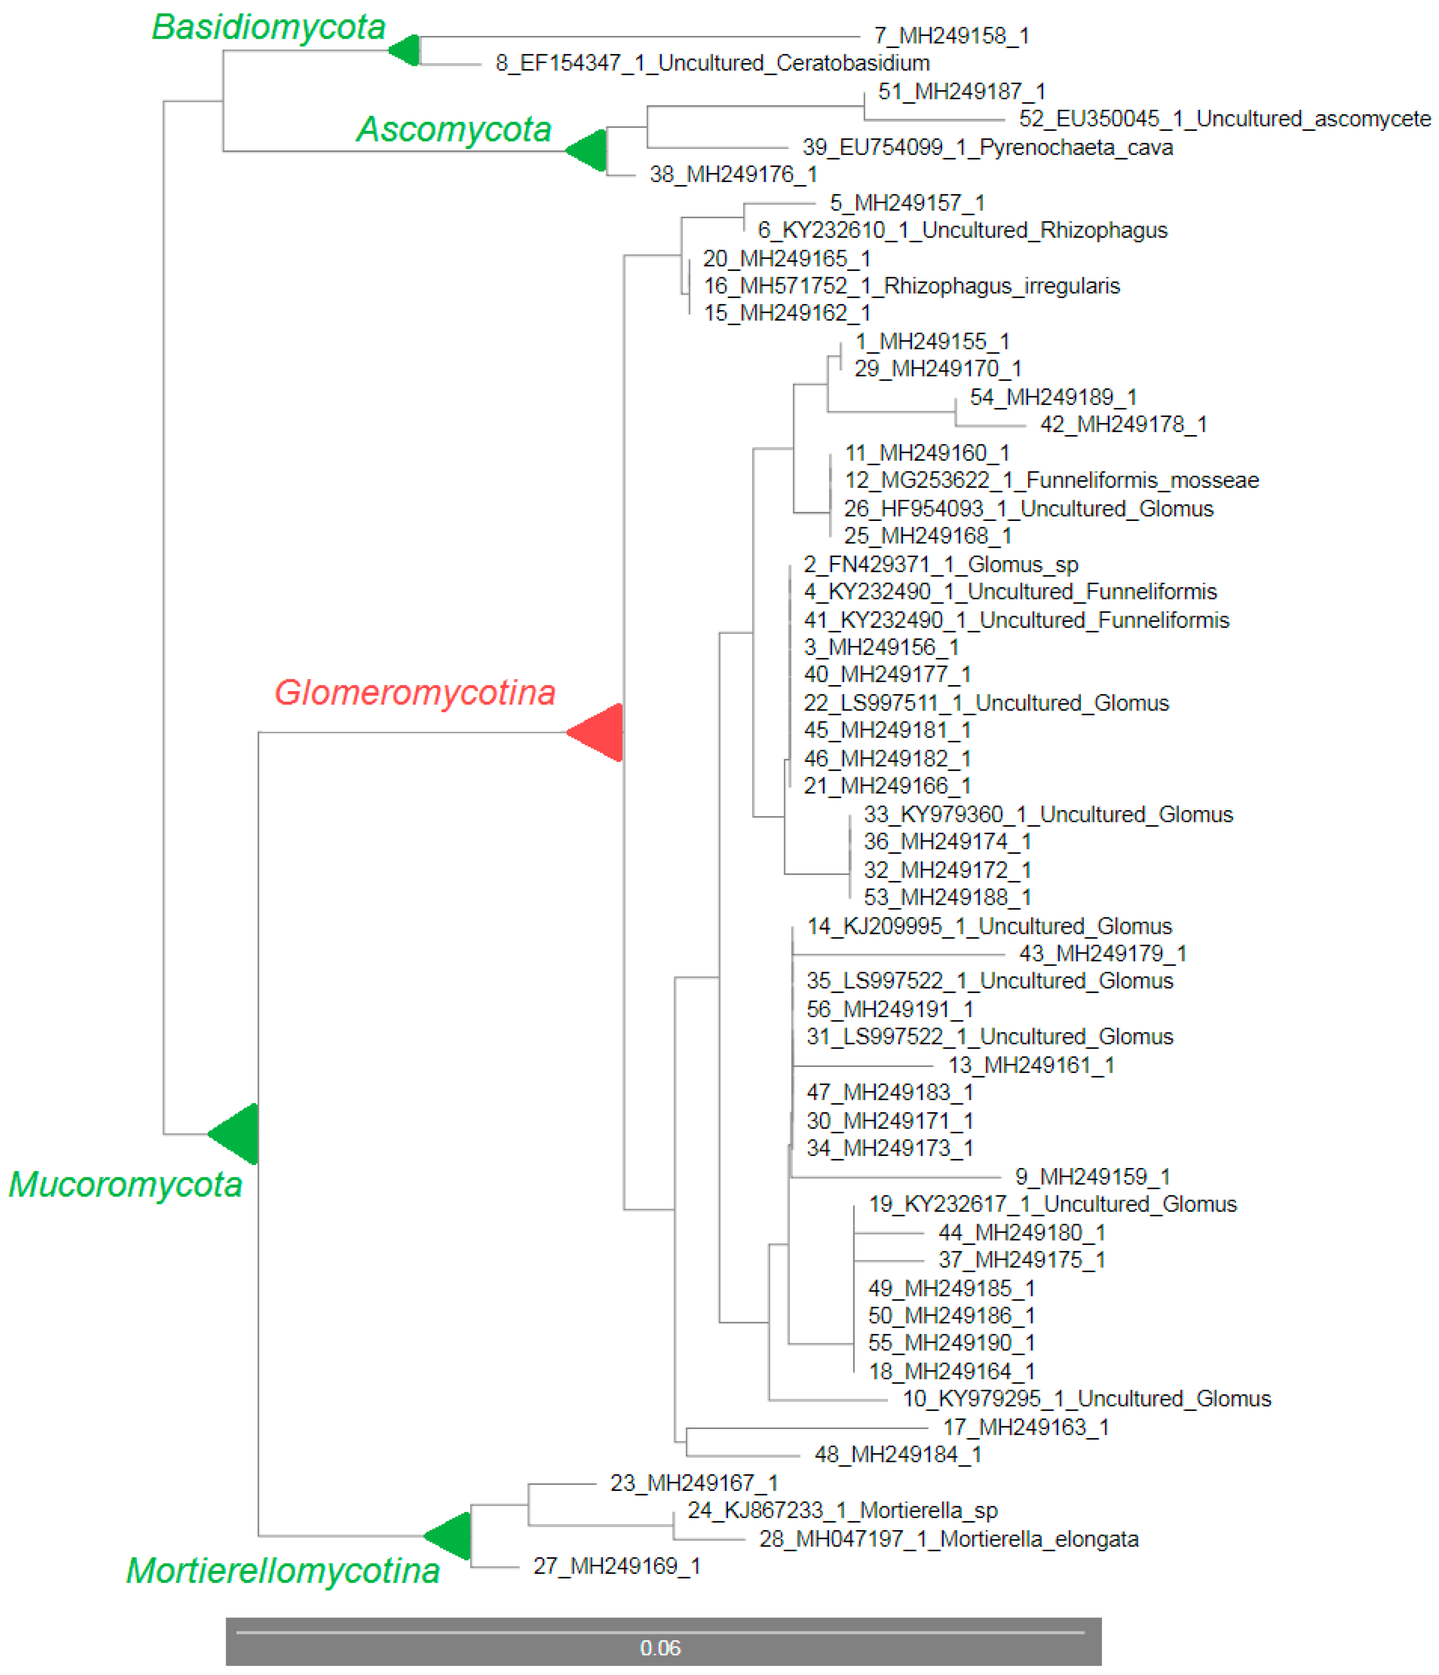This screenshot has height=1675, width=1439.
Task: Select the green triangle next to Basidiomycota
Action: click(x=406, y=50)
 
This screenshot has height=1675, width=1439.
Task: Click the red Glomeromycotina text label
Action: click(x=414, y=693)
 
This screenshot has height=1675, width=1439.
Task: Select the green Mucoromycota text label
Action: click(x=125, y=1184)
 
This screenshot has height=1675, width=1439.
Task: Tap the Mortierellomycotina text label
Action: click(x=282, y=1571)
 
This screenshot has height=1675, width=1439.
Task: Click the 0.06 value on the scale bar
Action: click(x=660, y=1647)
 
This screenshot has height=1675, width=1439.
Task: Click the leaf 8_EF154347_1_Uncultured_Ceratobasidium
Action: click(x=712, y=63)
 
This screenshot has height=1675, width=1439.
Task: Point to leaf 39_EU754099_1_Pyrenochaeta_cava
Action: click(x=987, y=147)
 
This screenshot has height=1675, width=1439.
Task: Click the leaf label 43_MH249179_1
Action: click(x=1102, y=954)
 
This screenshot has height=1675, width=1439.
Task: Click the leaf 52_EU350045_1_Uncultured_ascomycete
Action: click(x=1224, y=119)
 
